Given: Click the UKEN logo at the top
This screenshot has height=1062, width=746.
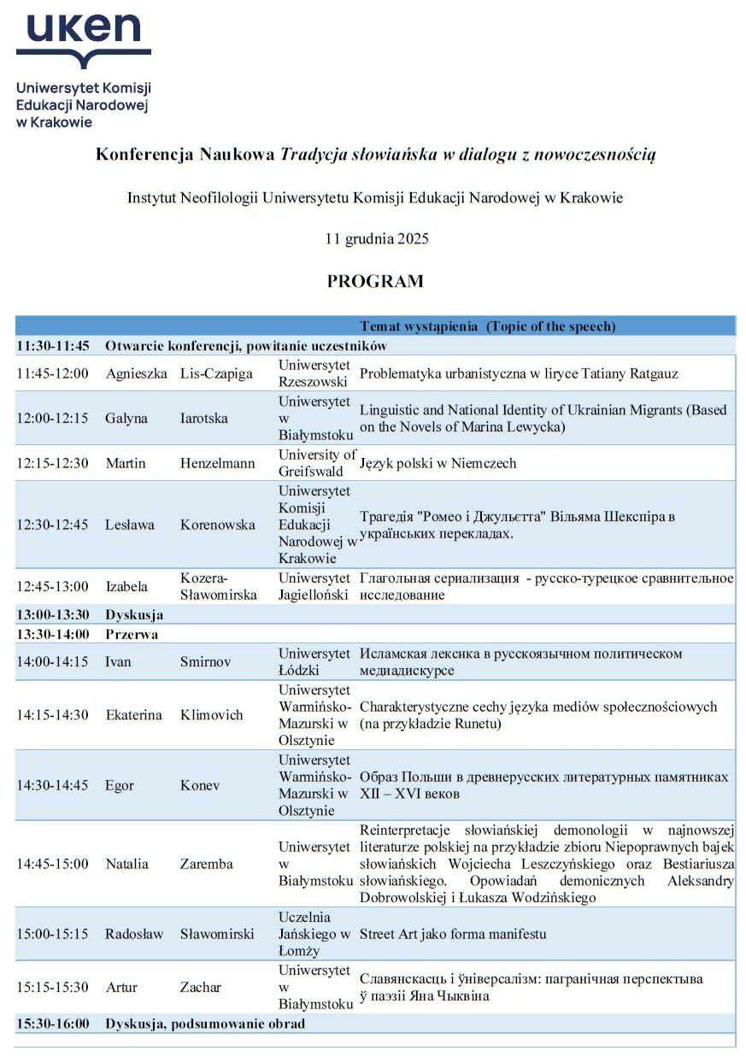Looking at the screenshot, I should click(x=83, y=68).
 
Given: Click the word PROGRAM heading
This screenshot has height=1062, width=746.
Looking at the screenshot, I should click(x=375, y=282).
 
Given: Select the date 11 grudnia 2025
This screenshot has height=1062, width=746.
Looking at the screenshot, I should click(x=377, y=239).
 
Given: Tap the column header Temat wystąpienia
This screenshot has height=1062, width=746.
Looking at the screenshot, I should click(x=488, y=326).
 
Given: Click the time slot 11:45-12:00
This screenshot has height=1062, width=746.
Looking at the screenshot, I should click(x=52, y=373).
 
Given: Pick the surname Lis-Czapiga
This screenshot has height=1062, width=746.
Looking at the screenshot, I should click(x=218, y=373).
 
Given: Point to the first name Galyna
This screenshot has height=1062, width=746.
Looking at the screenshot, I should click(x=126, y=419).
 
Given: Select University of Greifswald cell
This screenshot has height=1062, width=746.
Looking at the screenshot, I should click(x=316, y=463).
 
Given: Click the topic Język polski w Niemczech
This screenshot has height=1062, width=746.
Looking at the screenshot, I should click(x=438, y=463).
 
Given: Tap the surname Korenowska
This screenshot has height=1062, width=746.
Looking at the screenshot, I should click(x=218, y=525).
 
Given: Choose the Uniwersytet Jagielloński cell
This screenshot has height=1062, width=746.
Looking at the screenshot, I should click(x=314, y=586).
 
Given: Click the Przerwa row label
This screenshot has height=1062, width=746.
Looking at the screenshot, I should click(x=132, y=634).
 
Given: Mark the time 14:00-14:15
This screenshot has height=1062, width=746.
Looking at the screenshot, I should click(x=52, y=662).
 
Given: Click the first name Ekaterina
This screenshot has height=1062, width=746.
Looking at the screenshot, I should click(x=133, y=715).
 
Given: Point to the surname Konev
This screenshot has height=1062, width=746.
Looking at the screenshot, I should click(x=199, y=785).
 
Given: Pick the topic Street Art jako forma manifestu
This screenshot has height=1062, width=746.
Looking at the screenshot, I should click(x=453, y=934).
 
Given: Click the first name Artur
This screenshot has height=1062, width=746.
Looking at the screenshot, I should click(x=121, y=987).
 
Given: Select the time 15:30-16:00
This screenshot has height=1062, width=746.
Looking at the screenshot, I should click(x=52, y=1024).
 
